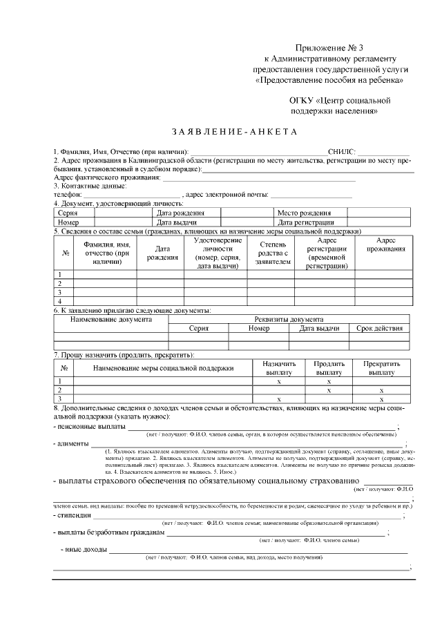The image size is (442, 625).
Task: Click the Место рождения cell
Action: tap(303, 213)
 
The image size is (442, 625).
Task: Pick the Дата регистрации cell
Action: tap(306, 222)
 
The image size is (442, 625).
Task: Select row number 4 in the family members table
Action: tap(59, 301)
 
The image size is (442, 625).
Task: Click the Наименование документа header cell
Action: tap(110, 320)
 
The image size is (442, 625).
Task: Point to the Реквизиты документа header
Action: tap(289, 320)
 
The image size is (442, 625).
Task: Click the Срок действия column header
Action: tap(378, 329)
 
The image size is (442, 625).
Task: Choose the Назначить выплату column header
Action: tap(279, 367)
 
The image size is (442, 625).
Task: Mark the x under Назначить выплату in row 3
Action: tap(278, 399)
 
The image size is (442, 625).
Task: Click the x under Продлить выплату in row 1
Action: tap(329, 381)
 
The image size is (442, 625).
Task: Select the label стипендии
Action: tap(75, 515)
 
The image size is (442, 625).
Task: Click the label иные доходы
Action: tap(86, 550)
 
